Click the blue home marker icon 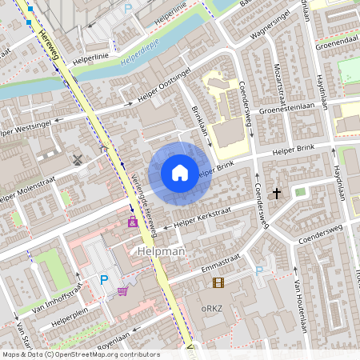[x=180, y=173]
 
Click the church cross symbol [x=277, y=193]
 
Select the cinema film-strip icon [x=218, y=282]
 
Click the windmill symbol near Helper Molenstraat [x=78, y=158]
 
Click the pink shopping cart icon [x=122, y=291]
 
